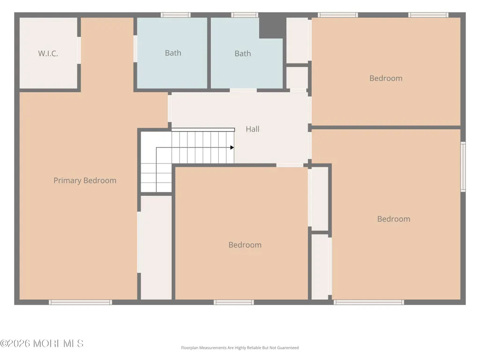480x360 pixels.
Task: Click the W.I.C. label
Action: [48, 53]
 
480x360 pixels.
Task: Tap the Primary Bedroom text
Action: [85, 181]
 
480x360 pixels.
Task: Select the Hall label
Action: [252, 129]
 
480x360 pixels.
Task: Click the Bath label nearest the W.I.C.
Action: [173, 53]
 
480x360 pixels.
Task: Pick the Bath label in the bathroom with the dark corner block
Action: [243, 53]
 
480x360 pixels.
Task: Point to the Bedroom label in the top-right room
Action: [386, 78]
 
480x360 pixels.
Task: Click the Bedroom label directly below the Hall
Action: [245, 245]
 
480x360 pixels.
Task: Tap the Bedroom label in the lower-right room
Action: [394, 219]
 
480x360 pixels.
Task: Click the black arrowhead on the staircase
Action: [232, 147]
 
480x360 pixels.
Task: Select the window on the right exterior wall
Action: [463, 167]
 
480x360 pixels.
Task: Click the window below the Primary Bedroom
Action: [81, 302]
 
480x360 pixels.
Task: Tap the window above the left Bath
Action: [176, 15]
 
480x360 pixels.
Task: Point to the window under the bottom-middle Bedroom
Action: [234, 302]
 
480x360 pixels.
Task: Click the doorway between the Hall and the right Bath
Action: [243, 90]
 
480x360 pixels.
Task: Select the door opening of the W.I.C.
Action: [79, 50]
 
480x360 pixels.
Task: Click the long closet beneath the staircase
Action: [156, 248]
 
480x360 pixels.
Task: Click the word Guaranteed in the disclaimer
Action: [288, 348]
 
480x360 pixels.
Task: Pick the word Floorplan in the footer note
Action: [190, 348]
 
